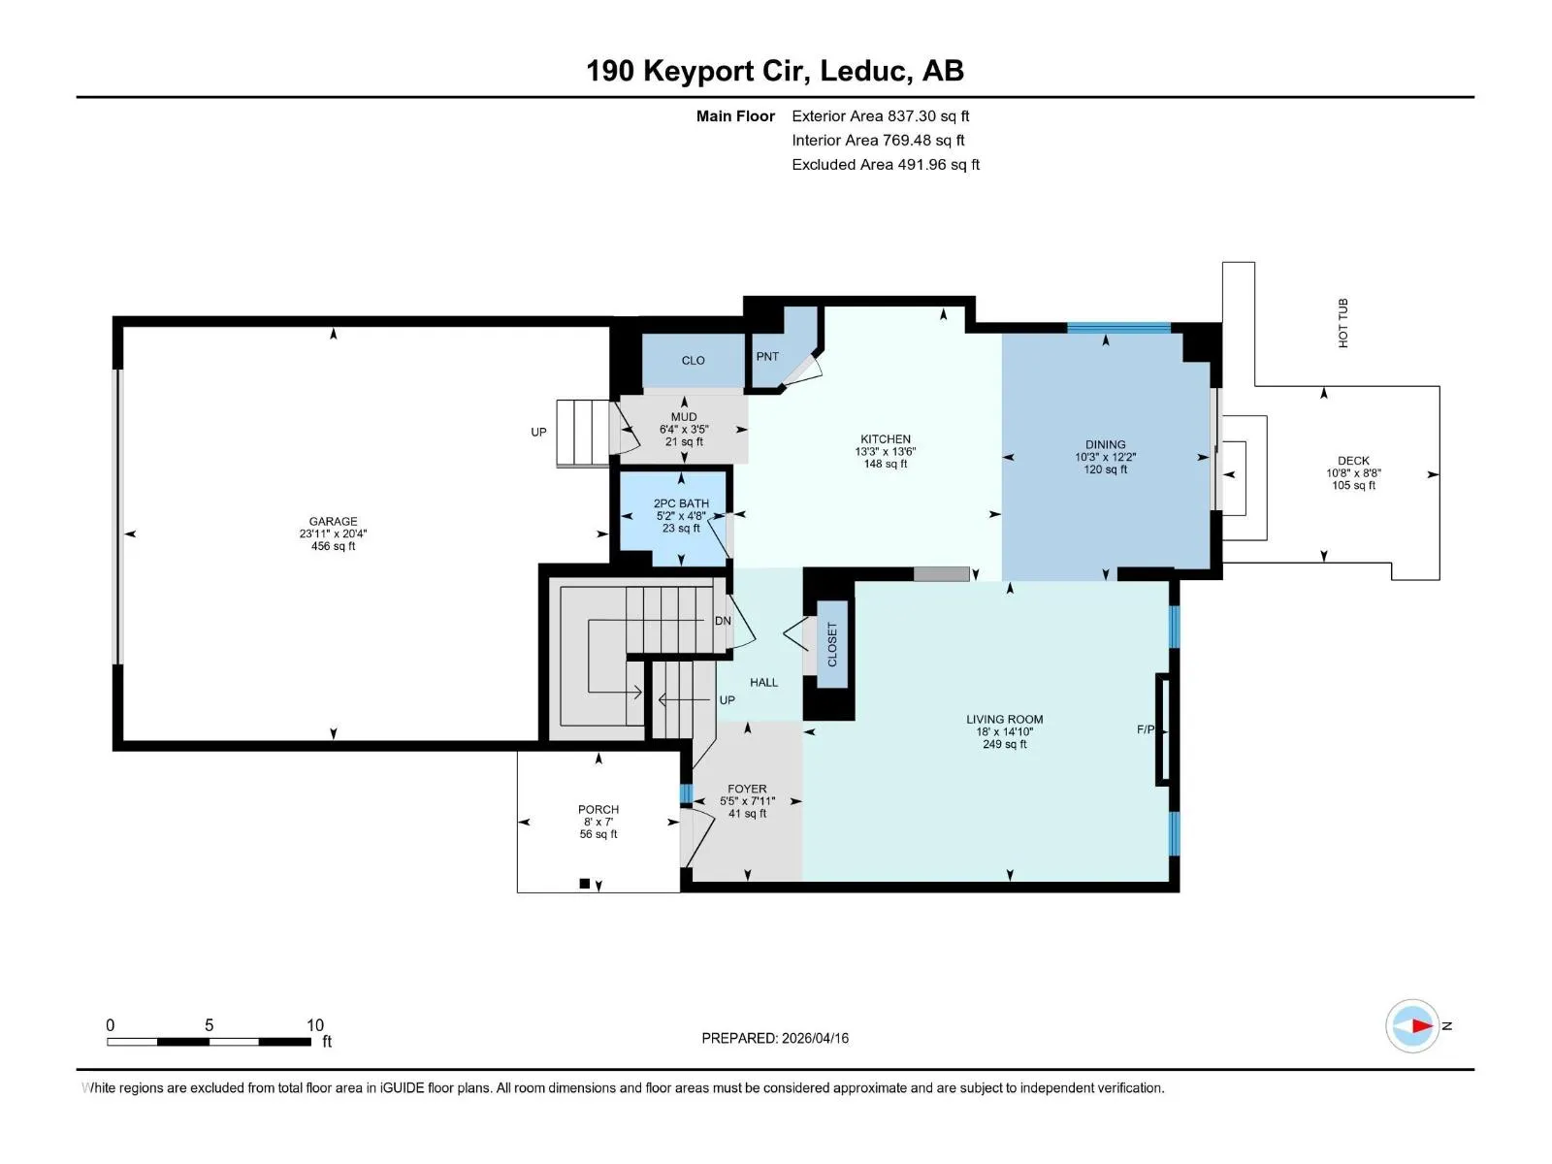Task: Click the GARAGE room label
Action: [x=333, y=522]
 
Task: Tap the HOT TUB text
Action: [x=1343, y=323]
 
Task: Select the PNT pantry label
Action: [x=767, y=356]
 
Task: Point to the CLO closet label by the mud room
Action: [x=693, y=361]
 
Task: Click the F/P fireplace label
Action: [x=1146, y=729]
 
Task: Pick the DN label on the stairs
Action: [x=723, y=621]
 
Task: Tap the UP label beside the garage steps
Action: [x=538, y=432]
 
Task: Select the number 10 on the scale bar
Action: [x=314, y=1024]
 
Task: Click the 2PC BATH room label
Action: [x=681, y=503]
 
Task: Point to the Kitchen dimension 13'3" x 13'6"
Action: [x=886, y=452]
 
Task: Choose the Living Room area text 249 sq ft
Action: [x=1005, y=744]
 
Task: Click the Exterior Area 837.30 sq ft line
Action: [x=881, y=115]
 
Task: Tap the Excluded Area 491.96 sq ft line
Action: [x=886, y=165]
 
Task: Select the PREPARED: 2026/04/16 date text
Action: [x=775, y=1038]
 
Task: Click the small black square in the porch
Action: [x=585, y=884]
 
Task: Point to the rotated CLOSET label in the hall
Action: [x=832, y=644]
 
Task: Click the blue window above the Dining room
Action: [x=1118, y=327]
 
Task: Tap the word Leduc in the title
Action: [x=864, y=71]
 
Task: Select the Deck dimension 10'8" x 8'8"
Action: [x=1353, y=473]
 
